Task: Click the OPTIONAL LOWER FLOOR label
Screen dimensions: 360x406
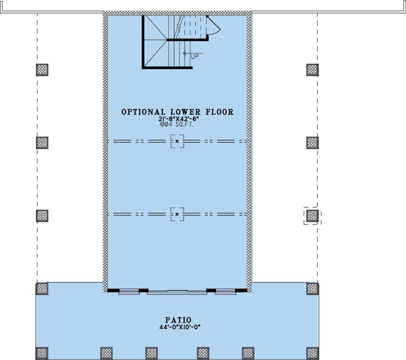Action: (x=177, y=112)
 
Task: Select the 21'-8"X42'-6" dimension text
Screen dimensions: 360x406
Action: (x=177, y=119)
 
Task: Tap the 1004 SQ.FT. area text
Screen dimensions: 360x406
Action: (x=177, y=124)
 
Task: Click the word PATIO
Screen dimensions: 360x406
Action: (x=178, y=320)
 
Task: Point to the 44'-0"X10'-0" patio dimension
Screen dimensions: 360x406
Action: (x=178, y=326)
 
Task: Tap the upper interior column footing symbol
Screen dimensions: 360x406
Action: (x=177, y=141)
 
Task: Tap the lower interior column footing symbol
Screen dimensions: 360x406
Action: (x=177, y=214)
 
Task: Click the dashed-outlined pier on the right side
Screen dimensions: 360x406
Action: (x=312, y=216)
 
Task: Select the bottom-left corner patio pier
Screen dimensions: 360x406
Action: (x=42, y=353)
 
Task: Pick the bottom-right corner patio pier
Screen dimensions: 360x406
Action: (x=312, y=353)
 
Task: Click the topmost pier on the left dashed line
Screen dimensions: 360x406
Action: (x=42, y=70)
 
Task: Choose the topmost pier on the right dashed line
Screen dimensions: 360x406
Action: (x=312, y=70)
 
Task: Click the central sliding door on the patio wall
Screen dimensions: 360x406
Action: (x=177, y=292)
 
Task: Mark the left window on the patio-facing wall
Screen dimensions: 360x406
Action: (x=129, y=292)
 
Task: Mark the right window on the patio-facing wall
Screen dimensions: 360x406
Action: (x=225, y=292)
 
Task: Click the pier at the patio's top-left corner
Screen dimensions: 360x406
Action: (x=42, y=289)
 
